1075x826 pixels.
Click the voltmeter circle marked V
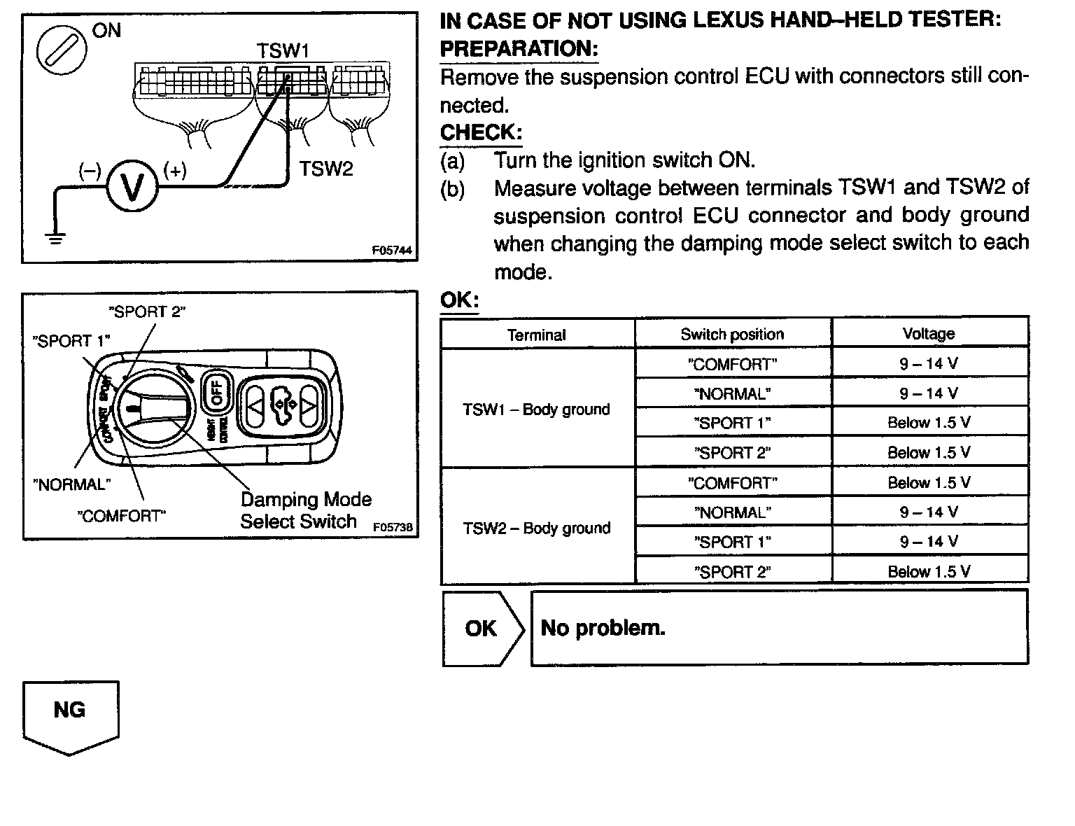[x=133, y=186]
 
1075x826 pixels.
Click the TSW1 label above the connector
[x=282, y=50]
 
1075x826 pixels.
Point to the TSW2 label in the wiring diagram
[x=326, y=169]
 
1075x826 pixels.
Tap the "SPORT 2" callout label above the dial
[x=147, y=311]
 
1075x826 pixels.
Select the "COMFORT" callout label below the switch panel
[x=121, y=517]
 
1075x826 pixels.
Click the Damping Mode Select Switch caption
[x=306, y=510]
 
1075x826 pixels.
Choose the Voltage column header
[x=929, y=334]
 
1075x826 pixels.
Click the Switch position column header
[x=732, y=334]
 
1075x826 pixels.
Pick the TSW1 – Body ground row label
[x=536, y=409]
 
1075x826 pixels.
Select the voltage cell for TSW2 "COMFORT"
[x=929, y=483]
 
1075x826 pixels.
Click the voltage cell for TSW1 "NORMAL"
[x=929, y=393]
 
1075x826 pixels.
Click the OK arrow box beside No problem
[x=482, y=629]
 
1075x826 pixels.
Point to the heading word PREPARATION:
[x=519, y=49]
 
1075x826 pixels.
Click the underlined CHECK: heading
[x=481, y=132]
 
